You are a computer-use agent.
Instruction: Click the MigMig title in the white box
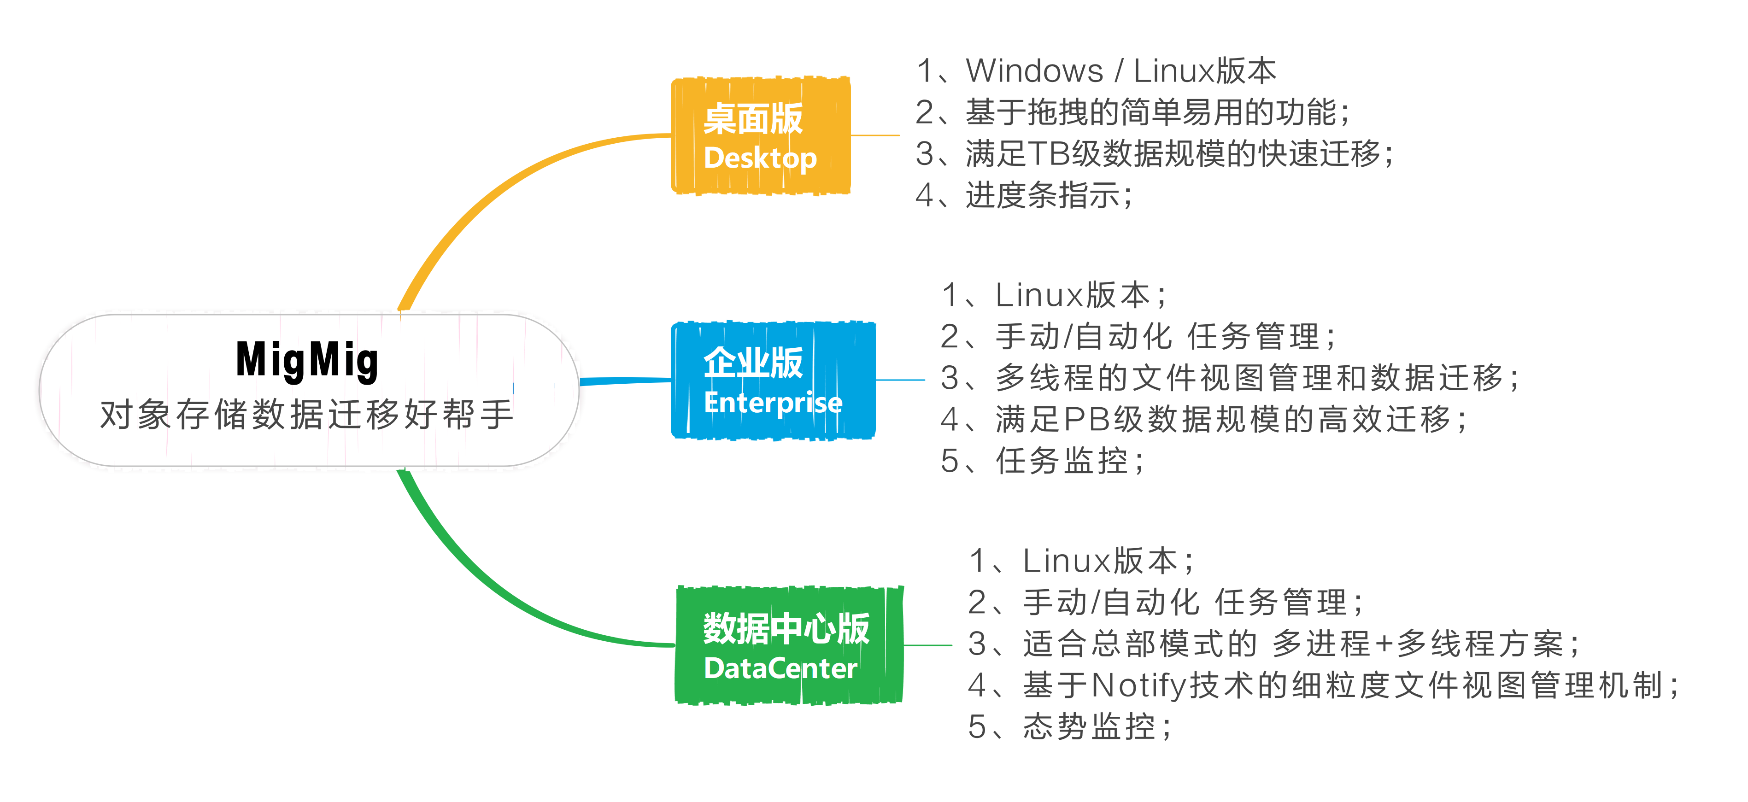point(307,360)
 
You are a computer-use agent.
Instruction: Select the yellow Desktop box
point(760,136)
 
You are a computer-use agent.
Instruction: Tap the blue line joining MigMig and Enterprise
point(624,381)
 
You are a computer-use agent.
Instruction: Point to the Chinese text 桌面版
point(753,119)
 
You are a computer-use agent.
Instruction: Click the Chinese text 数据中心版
point(786,628)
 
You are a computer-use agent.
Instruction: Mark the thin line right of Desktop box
point(875,136)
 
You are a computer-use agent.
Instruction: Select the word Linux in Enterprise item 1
point(1038,295)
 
